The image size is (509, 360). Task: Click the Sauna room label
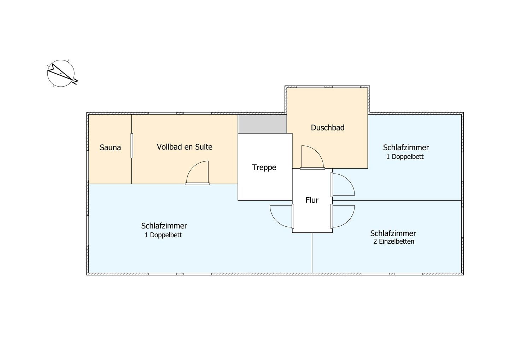110,147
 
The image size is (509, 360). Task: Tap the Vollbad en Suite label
185,147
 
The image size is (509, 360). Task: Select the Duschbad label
328,128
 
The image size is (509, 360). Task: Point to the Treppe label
264,168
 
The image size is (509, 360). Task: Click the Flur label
312,200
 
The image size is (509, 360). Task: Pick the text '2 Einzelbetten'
393,242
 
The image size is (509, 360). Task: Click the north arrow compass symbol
61,73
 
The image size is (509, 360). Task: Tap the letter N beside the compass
75,82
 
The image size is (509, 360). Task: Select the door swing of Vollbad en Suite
198,173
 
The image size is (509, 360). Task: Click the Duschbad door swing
312,157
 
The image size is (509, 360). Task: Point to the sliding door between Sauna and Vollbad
131,146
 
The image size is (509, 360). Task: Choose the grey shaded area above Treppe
262,124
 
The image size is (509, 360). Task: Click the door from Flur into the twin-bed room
343,216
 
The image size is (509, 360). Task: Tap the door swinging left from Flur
282,216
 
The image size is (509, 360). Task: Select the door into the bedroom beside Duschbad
343,184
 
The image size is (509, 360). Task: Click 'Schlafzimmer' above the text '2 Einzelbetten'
393,233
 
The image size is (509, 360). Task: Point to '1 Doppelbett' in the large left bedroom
163,235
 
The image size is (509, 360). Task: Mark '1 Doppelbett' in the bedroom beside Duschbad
405,157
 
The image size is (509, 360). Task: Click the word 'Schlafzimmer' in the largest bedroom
164,226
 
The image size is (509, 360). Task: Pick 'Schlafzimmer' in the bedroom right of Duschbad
406,148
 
